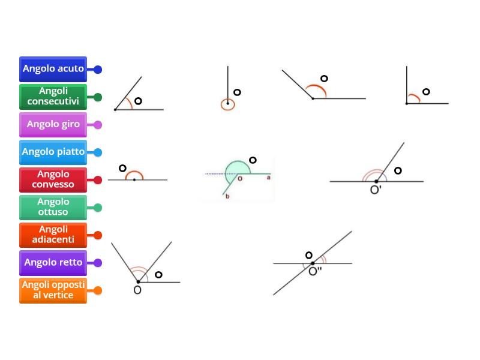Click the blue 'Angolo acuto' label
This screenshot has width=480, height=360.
53,69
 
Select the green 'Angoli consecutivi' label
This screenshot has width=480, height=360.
53,97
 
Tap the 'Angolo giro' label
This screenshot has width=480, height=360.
53,125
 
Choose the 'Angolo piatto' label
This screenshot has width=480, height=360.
53,152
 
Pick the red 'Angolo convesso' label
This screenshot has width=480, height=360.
53,179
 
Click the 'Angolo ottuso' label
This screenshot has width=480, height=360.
53,207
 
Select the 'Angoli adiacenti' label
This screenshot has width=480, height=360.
53,235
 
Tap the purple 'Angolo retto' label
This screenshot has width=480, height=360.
53,263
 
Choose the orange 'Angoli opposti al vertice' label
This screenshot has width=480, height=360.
53,290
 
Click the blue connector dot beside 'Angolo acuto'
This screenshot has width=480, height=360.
98,70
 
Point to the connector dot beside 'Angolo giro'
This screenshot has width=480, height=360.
98,125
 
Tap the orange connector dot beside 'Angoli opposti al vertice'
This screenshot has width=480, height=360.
98,290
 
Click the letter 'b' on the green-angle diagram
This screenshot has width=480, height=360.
227,196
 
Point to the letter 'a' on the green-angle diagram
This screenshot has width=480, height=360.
268,178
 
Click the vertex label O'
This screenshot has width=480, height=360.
376,190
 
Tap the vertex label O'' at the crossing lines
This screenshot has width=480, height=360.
315,271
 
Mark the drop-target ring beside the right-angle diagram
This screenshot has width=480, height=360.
426,92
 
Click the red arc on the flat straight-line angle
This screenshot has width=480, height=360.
134,172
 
